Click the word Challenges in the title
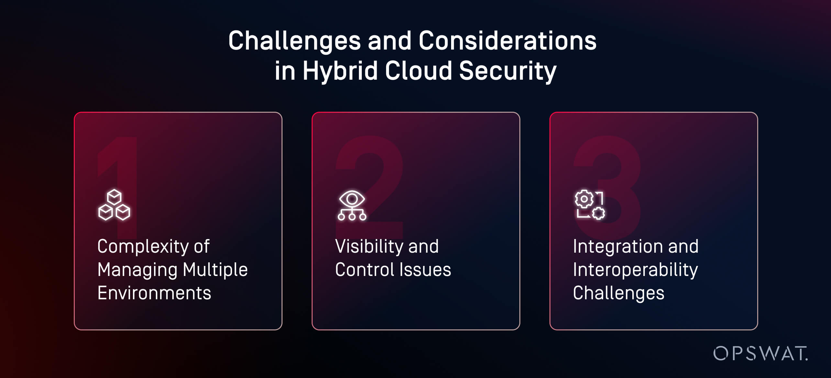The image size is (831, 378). [x=294, y=41]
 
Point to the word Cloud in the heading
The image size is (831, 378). [x=418, y=71]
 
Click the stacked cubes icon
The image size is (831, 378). [x=114, y=205]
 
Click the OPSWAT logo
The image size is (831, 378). [x=760, y=353]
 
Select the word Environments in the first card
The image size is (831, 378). [x=154, y=293]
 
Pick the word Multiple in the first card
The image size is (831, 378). [x=215, y=270]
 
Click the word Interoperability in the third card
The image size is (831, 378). [x=635, y=270]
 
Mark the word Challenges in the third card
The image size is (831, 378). [x=618, y=293]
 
